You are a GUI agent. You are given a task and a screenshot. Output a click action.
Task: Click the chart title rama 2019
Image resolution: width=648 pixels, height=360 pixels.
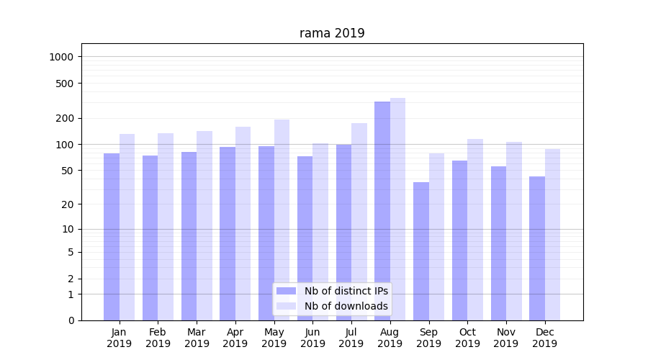[x=332, y=34]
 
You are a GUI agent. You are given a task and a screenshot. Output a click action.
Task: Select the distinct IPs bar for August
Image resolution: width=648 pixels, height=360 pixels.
[x=382, y=209]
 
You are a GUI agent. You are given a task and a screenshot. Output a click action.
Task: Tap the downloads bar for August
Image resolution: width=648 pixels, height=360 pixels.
[x=397, y=209]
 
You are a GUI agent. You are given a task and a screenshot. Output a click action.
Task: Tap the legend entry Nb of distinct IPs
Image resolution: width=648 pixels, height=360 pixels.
[x=346, y=291]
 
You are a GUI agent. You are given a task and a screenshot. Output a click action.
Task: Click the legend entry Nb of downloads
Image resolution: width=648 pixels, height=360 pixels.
[x=346, y=306]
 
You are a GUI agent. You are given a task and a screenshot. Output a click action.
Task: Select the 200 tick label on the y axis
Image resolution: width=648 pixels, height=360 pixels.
[x=67, y=118]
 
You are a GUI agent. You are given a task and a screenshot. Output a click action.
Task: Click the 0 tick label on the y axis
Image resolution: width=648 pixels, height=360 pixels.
[x=71, y=320]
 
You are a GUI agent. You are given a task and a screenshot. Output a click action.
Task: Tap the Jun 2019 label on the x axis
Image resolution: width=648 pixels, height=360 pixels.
[x=312, y=338]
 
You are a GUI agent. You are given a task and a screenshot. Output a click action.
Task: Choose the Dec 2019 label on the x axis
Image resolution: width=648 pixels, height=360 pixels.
[x=544, y=338]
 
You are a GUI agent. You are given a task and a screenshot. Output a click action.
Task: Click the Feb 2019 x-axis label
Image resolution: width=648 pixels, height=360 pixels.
[x=158, y=338]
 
